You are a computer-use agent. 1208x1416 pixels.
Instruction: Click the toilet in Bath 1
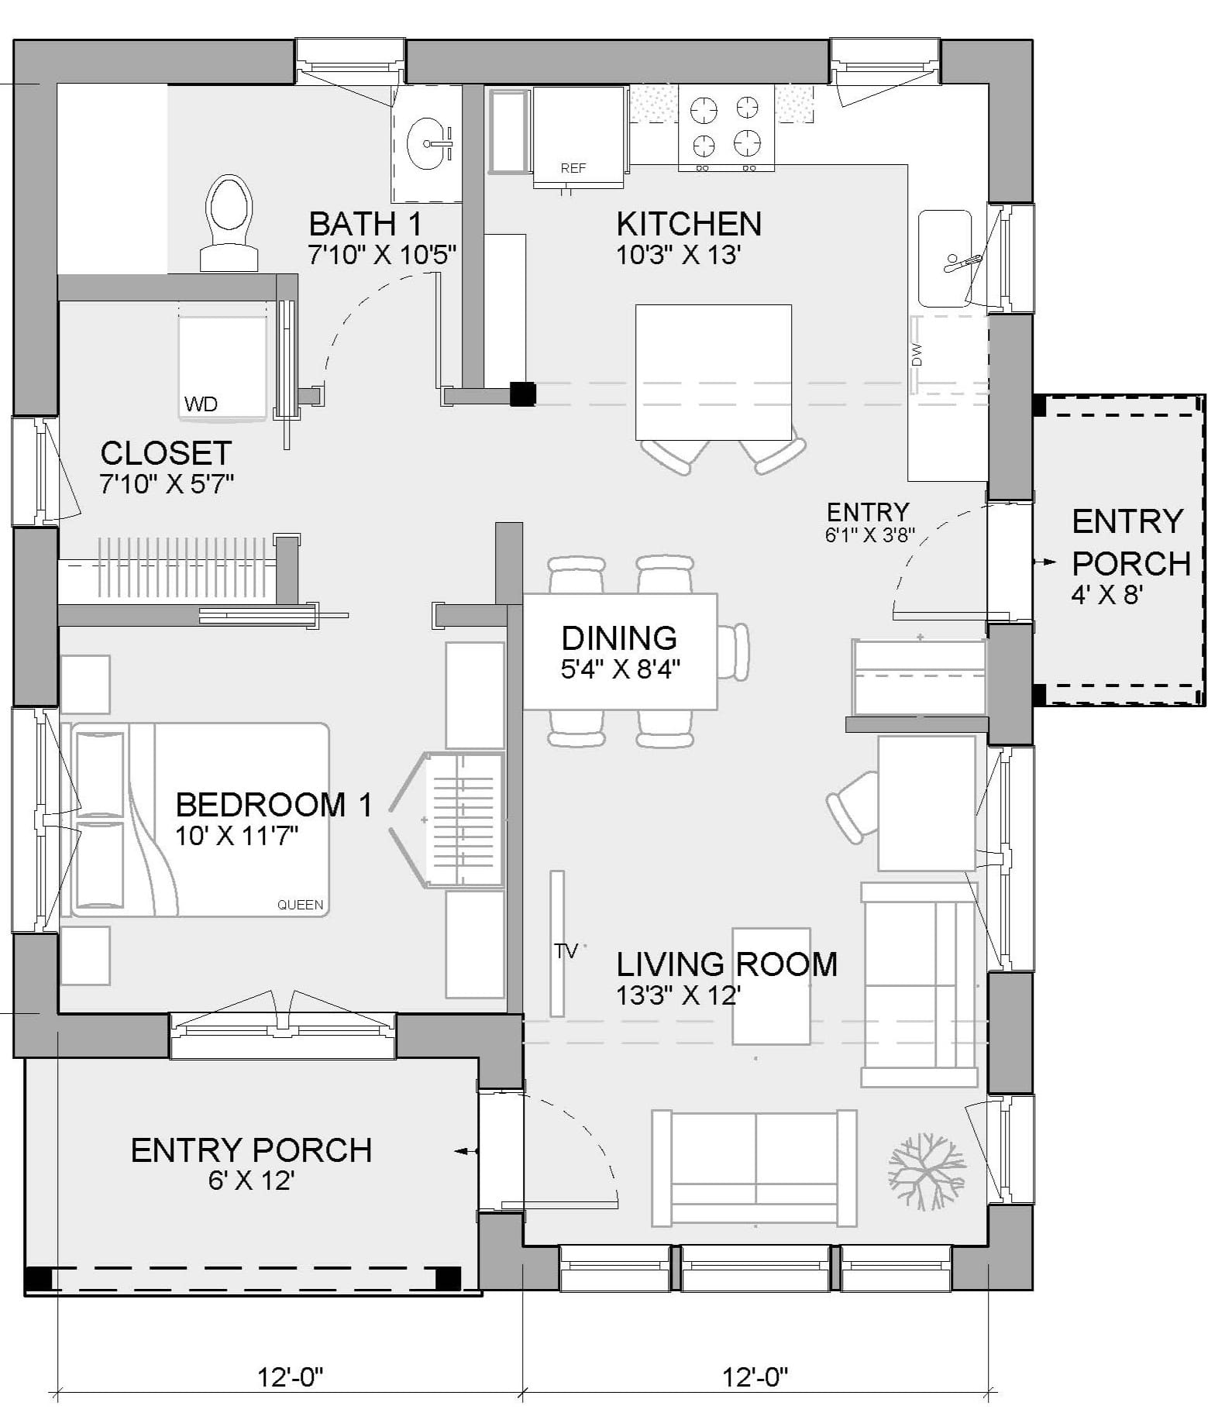229,221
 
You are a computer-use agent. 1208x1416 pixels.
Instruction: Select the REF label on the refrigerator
573,168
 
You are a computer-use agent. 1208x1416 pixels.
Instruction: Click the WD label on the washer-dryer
201,404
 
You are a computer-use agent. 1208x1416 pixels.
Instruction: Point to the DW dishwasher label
917,354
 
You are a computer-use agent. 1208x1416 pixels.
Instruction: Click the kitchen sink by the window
944,258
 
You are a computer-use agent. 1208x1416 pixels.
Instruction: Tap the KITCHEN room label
689,224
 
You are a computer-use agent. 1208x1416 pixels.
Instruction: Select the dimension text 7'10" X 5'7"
167,484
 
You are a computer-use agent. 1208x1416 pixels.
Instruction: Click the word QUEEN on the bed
301,905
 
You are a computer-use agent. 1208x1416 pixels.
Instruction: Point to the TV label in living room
566,950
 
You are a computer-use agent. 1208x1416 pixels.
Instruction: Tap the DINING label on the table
619,638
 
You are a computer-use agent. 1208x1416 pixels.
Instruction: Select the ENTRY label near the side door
867,512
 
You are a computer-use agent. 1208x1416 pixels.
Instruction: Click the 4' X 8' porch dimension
1107,594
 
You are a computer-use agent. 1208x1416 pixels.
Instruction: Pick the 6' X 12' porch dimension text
250,1181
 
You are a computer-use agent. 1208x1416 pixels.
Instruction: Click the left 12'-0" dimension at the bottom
290,1376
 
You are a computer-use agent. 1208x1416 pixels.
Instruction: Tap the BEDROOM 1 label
274,805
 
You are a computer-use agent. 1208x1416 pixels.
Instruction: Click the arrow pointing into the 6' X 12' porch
465,1151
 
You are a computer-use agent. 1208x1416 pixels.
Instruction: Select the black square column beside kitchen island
522,394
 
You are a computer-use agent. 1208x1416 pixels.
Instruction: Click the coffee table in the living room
771,985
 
